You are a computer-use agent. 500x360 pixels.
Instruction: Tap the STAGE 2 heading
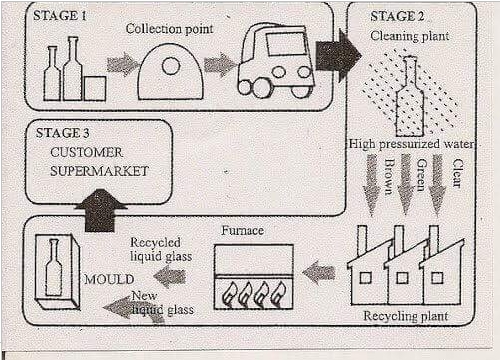tap(399, 17)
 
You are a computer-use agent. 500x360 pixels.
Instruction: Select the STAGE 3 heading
tap(63, 132)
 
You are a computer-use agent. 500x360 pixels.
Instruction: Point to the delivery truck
tap(275, 63)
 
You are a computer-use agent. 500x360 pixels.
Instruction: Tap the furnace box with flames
tap(253, 278)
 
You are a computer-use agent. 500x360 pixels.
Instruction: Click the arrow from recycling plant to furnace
tap(318, 271)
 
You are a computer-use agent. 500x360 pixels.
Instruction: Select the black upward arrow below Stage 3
tap(106, 209)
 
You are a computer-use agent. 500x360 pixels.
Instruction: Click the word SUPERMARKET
tap(99, 171)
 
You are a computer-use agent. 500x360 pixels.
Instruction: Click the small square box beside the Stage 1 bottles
tap(95, 89)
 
